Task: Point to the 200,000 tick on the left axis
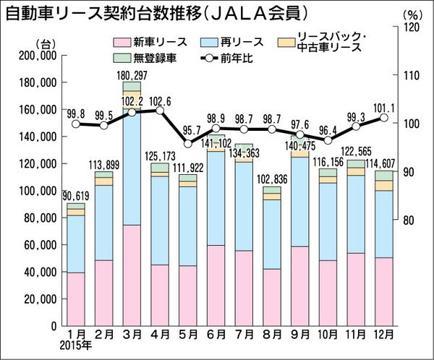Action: point(38,56)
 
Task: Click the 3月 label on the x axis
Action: point(131,335)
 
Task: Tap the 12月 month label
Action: point(384,335)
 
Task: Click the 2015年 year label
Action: point(76,346)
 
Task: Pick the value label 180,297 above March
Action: point(131,75)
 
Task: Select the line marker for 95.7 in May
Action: point(188,144)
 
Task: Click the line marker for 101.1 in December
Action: point(385,117)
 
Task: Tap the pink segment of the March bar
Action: point(131,275)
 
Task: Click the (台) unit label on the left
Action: point(46,44)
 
